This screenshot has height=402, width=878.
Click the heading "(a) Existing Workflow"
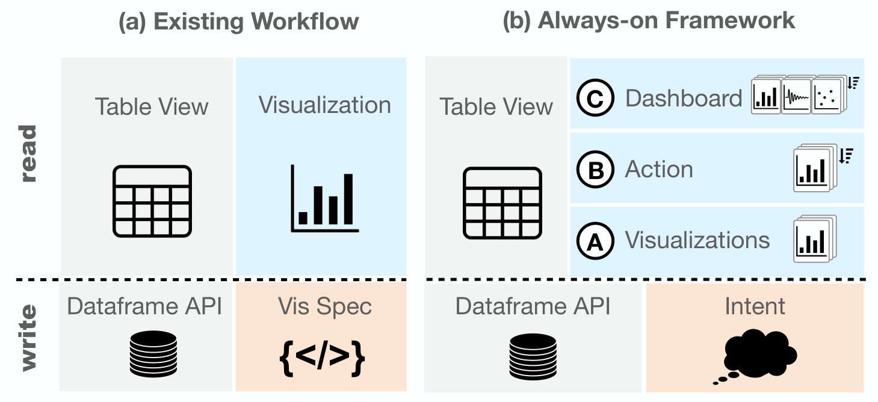238,21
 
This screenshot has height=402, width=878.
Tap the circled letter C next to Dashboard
595,98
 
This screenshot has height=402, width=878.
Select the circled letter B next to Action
595,169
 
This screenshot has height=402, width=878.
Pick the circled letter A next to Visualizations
595,241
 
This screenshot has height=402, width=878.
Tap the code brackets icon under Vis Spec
322,358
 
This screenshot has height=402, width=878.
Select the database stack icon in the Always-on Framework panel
533,356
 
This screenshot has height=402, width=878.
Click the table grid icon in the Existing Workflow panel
152,201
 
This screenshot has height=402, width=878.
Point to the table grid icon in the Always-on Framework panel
502,203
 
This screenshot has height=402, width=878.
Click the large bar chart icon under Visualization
324,198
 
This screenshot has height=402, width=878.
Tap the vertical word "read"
28,153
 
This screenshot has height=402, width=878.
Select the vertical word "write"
28,338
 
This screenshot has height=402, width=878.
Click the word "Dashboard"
684,98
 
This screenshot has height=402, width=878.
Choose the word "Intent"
755,306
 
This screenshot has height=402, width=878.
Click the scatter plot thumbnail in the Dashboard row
827,97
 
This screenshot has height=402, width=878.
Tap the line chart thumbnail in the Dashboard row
796,97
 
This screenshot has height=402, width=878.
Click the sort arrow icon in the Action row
846,156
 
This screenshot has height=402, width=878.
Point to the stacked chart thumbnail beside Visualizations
814,239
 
